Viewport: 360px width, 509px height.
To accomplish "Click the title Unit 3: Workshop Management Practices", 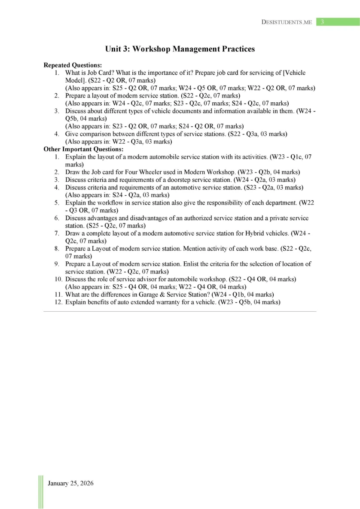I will (x=180, y=49).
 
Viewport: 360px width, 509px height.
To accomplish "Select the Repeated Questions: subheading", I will (x=73, y=65).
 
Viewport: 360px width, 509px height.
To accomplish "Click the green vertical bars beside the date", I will (x=41, y=491).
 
